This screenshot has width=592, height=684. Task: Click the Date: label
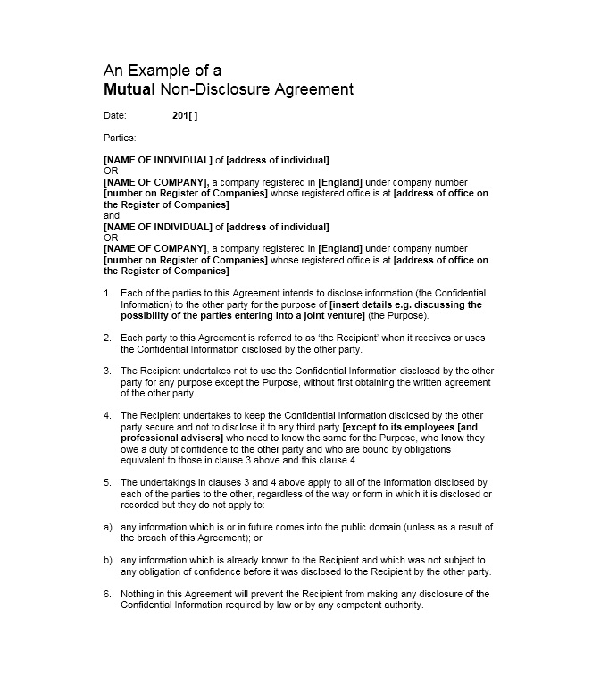pyautogui.click(x=115, y=115)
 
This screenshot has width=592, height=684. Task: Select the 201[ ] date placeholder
pyautogui.click(x=185, y=115)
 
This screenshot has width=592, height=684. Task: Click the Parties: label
pyautogui.click(x=120, y=138)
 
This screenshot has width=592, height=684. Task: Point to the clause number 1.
pyautogui.click(x=107, y=293)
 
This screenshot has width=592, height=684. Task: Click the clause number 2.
pyautogui.click(x=107, y=338)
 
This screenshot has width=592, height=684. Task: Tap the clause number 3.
pyautogui.click(x=107, y=371)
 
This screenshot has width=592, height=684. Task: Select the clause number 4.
pyautogui.click(x=107, y=415)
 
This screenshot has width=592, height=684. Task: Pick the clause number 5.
pyautogui.click(x=107, y=482)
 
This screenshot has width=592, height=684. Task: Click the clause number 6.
pyautogui.click(x=107, y=594)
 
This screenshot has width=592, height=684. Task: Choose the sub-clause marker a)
pyautogui.click(x=108, y=527)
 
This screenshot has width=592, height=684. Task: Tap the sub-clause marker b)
pyautogui.click(x=108, y=560)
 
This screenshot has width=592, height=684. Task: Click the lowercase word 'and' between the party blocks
pyautogui.click(x=112, y=215)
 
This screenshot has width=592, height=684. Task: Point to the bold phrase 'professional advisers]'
pyautogui.click(x=170, y=438)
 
